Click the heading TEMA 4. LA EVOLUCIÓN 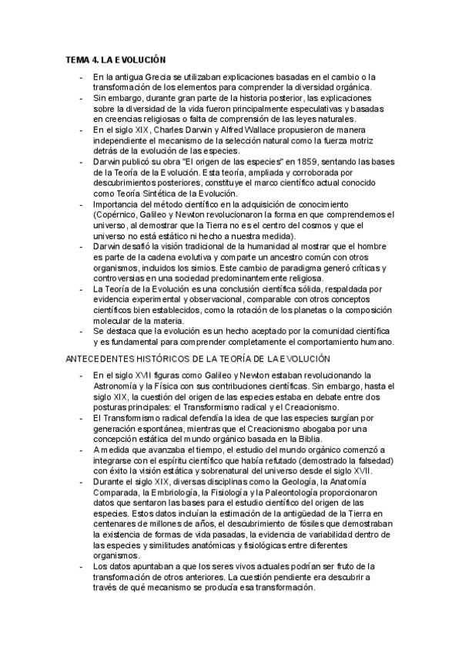tap(116, 59)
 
